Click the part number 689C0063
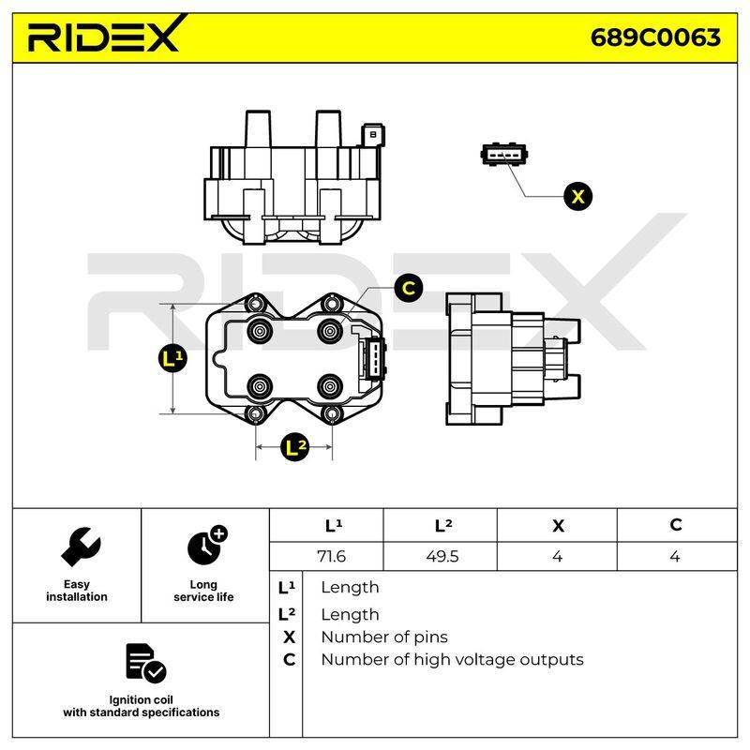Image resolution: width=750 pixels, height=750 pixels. pyautogui.click(x=655, y=37)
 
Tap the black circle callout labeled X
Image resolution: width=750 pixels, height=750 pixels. pyautogui.click(x=577, y=197)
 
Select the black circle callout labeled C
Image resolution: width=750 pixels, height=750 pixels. pyautogui.click(x=409, y=288)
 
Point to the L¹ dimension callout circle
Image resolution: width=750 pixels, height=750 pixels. pyautogui.click(x=172, y=358)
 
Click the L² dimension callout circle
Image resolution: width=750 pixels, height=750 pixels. pyautogui.click(x=294, y=447)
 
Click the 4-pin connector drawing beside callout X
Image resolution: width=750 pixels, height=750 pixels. pyautogui.click(x=503, y=154)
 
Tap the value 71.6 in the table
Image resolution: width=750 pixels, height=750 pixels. pyautogui.click(x=331, y=556)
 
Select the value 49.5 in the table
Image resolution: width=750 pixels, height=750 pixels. pyautogui.click(x=442, y=556)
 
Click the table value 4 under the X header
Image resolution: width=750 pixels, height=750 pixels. pyautogui.click(x=557, y=556)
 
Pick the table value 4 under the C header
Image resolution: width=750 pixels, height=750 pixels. pyautogui.click(x=674, y=556)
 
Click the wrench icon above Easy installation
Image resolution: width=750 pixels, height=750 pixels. pyautogui.click(x=81, y=547)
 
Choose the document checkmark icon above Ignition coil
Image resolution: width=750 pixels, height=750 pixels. pyautogui.click(x=145, y=663)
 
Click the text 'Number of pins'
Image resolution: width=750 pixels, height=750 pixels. pyautogui.click(x=384, y=637)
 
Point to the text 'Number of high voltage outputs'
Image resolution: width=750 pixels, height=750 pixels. pyautogui.click(x=452, y=660)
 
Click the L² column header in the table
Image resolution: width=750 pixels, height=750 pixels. pyautogui.click(x=443, y=525)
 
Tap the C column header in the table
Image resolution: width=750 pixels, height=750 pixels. pyautogui.click(x=675, y=525)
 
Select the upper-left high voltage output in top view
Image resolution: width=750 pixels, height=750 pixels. pyautogui.click(x=260, y=330)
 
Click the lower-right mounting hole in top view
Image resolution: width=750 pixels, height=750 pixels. pyautogui.click(x=332, y=414)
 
